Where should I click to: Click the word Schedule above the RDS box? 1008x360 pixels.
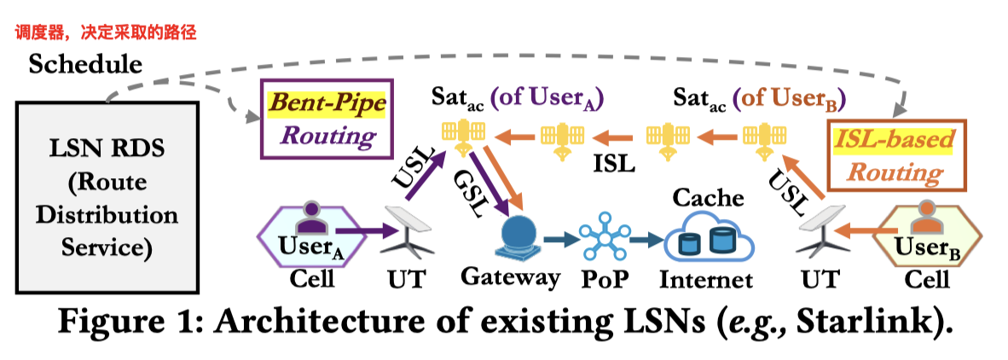(x=85, y=64)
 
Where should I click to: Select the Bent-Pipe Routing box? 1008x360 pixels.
(x=317, y=119)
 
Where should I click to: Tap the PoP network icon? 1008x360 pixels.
(x=604, y=238)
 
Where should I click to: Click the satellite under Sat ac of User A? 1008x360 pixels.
(x=461, y=135)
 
